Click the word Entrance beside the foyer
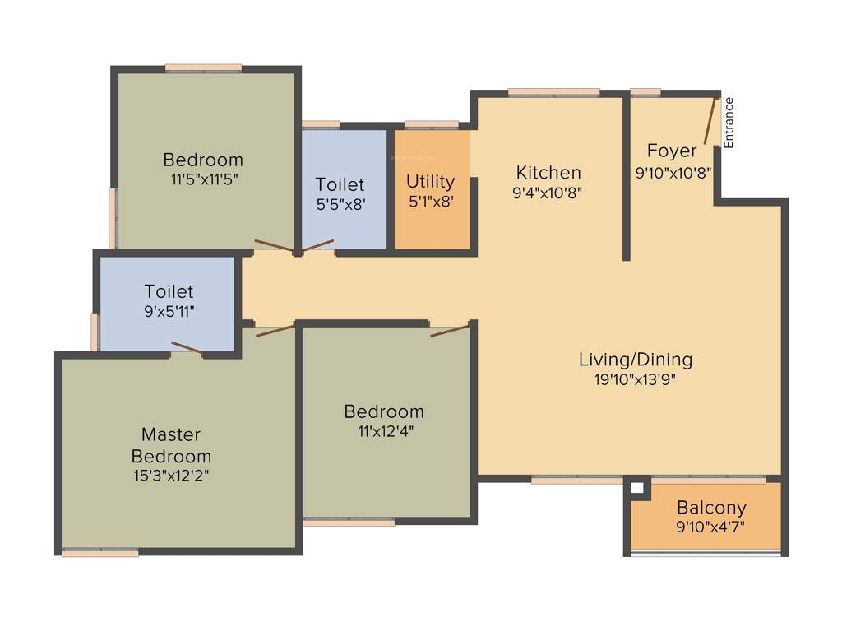(x=729, y=123)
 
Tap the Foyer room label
(x=672, y=151)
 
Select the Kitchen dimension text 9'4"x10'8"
(x=548, y=194)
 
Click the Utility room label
(x=430, y=181)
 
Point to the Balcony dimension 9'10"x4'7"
(x=711, y=527)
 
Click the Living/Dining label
(x=636, y=359)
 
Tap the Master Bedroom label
(x=171, y=444)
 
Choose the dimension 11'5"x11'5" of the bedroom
(x=202, y=178)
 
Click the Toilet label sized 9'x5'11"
(x=169, y=291)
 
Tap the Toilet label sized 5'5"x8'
(x=340, y=184)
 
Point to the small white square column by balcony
(x=636, y=488)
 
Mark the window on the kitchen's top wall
(x=553, y=92)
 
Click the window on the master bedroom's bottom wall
(x=100, y=552)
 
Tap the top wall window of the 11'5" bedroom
(x=203, y=67)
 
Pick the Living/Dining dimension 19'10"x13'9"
(x=636, y=379)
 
